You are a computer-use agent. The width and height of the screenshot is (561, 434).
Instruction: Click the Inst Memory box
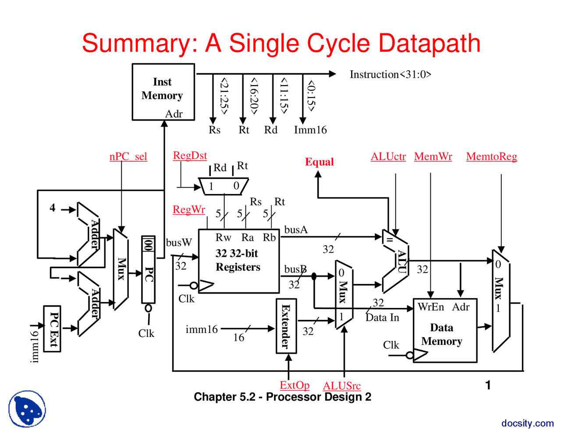(163, 92)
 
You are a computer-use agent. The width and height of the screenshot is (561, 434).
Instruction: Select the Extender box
(286, 326)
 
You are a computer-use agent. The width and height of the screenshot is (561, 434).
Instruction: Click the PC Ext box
(53, 329)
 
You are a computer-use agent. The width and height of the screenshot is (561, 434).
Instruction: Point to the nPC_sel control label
(128, 157)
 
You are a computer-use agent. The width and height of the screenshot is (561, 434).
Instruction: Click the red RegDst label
(190, 155)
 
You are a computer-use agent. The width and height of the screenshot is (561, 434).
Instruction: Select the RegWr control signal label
(189, 210)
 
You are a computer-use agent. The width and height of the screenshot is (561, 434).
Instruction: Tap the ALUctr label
(388, 157)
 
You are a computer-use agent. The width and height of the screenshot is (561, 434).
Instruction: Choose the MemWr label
(433, 157)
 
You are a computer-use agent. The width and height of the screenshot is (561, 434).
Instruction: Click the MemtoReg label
(491, 157)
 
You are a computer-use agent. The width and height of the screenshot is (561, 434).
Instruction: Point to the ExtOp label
(295, 385)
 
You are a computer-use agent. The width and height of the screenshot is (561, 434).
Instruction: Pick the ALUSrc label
(341, 386)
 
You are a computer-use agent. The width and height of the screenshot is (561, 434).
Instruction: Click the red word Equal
(320, 162)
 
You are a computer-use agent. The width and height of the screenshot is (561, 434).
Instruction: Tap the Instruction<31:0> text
(390, 75)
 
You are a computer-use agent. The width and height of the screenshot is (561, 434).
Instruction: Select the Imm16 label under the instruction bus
(310, 130)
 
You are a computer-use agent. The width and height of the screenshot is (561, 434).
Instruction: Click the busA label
(296, 230)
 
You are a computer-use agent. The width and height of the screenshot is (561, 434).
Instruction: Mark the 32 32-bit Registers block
(238, 260)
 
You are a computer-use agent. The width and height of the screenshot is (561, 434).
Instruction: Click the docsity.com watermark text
(527, 423)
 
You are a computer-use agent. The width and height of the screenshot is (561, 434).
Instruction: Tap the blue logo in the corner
(27, 409)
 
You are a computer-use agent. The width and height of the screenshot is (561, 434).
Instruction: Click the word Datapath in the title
(429, 43)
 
